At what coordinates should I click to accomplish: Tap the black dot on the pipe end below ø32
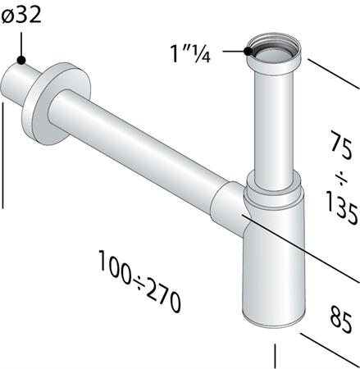(x=22, y=60)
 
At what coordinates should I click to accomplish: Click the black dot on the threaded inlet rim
(x=247, y=51)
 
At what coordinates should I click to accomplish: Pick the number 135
(x=339, y=212)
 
